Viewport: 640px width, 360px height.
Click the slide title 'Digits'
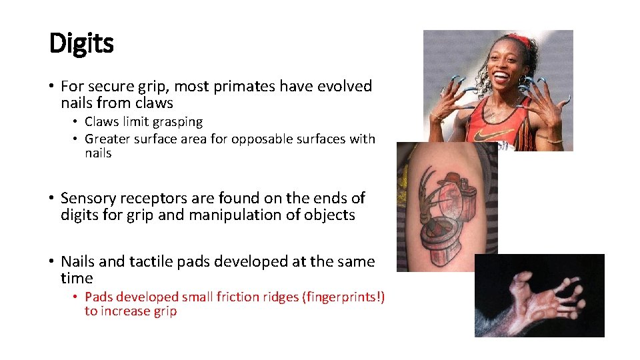(81, 44)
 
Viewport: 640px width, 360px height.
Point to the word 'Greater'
(107, 139)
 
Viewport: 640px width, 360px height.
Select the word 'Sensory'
(87, 198)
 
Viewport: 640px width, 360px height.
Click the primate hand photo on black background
(539, 295)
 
